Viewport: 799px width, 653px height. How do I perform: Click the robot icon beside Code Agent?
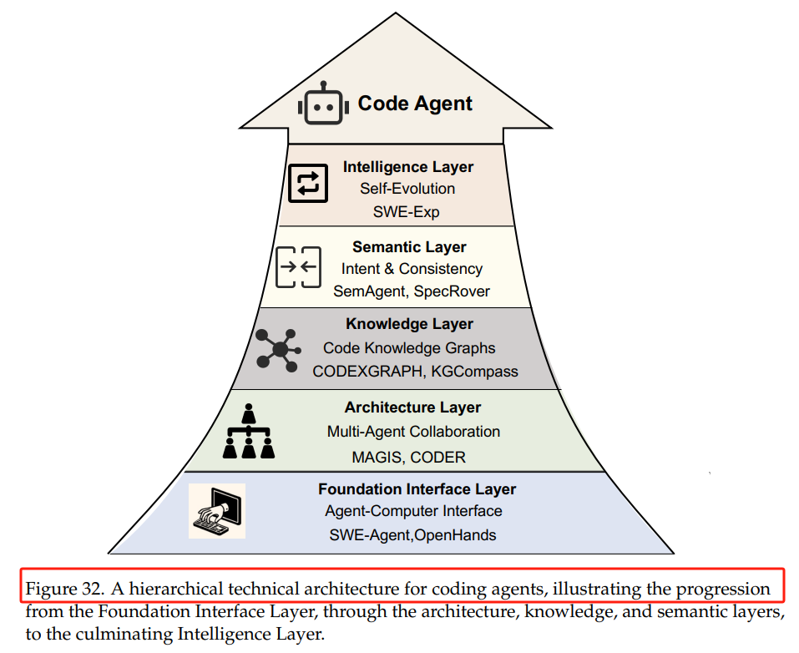[x=324, y=103]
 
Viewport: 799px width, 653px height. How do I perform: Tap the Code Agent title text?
[x=415, y=104]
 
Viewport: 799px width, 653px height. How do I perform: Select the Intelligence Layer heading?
[x=408, y=167]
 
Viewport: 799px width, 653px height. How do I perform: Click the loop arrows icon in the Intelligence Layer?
[x=308, y=184]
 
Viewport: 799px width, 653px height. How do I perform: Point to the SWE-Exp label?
[x=406, y=211]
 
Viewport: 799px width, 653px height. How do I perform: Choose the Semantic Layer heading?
[x=409, y=246]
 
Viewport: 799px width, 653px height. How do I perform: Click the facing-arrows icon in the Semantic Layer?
[x=298, y=267]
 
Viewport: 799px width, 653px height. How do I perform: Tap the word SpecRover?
[x=452, y=291]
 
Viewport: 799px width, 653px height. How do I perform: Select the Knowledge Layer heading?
[x=409, y=324]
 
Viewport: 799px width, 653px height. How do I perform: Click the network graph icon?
[x=278, y=349]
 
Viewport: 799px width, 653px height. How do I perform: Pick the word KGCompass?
[x=474, y=371]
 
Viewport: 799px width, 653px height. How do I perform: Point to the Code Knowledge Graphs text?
[x=408, y=347]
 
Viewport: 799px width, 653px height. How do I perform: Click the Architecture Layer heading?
[x=412, y=407]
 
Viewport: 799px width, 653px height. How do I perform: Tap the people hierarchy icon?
[x=249, y=431]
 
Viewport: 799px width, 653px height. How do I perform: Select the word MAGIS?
[x=377, y=458]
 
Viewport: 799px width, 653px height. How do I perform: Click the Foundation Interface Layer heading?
[x=417, y=488]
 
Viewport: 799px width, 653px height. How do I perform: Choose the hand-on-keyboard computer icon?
[x=217, y=511]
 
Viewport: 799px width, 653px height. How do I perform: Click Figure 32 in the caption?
[x=65, y=589]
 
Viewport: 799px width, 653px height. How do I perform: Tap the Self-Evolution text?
[x=407, y=189]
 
